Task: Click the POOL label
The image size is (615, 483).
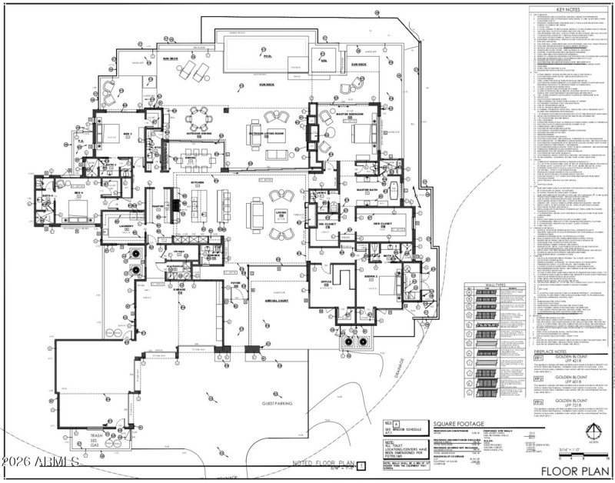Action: pyautogui.click(x=268, y=56)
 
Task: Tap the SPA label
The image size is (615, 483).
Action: pyautogui.click(x=324, y=60)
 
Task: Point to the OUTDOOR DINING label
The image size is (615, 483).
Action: pyautogui.click(x=199, y=133)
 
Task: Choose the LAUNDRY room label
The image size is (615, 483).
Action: pyautogui.click(x=128, y=225)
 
